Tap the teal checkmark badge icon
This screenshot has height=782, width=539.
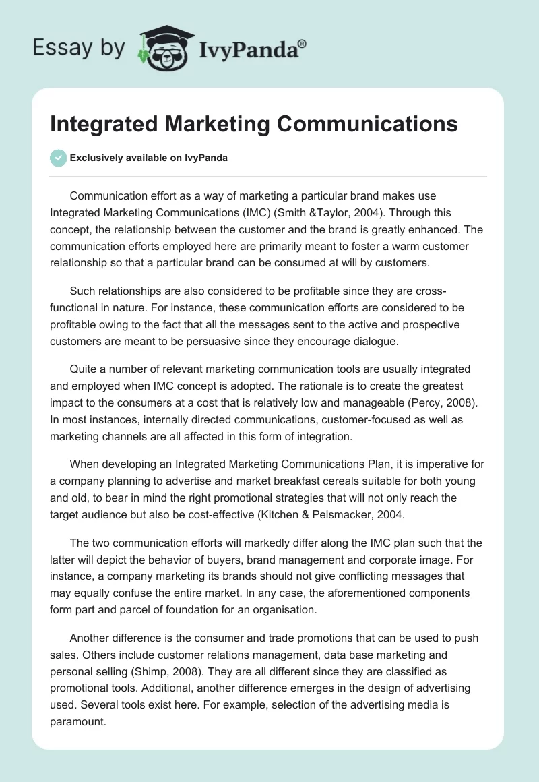click(58, 158)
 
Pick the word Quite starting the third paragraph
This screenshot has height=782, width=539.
click(84, 369)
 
